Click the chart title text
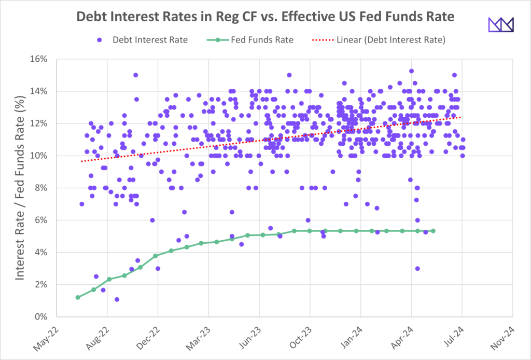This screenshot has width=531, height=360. pos(265,17)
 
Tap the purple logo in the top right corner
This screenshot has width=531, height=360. pos(500,24)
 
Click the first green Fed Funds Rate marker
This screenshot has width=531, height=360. pos(78,297)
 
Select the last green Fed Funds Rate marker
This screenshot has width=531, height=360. pos(433,231)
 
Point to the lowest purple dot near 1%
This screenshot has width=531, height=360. pos(117,299)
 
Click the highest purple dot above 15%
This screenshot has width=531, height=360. pos(411,71)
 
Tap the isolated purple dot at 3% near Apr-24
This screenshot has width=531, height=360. pos(417,268)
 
